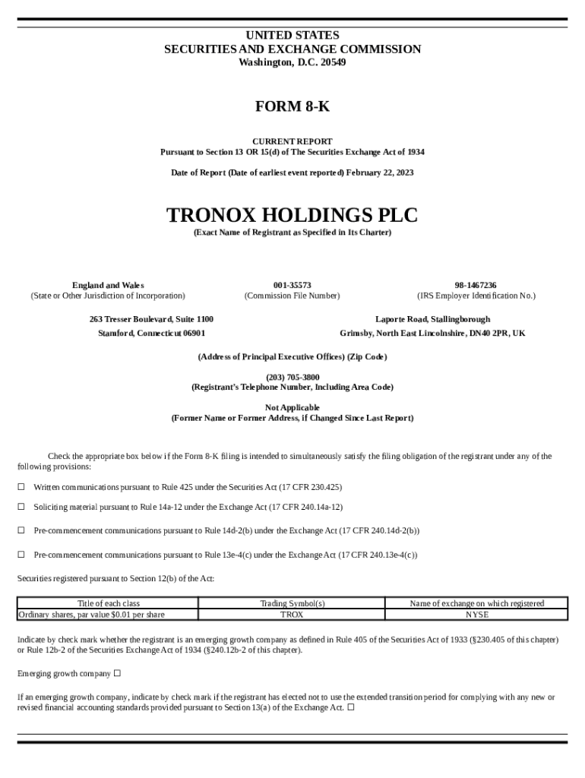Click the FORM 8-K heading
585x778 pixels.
(292, 106)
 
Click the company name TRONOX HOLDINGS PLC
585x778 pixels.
(292, 215)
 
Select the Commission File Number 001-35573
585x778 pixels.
(292, 285)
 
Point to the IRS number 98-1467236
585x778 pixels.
(476, 285)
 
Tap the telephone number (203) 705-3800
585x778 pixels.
(292, 377)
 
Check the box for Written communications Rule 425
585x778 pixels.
(21, 486)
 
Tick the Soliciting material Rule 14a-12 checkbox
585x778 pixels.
(21, 506)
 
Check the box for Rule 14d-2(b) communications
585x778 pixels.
(21, 530)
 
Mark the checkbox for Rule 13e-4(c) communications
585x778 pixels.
(21, 555)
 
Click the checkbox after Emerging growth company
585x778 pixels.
(118, 673)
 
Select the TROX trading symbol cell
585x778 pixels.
(292, 614)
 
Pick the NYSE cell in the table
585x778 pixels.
(476, 614)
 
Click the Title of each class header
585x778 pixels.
(108, 603)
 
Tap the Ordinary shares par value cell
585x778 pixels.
(91, 614)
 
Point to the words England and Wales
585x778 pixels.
(108, 285)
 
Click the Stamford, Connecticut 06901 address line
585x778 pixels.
(151, 333)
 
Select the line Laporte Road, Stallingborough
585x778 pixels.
(432, 319)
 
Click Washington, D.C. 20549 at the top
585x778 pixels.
(292, 62)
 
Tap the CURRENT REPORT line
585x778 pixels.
(292, 141)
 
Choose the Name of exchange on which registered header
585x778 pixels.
(476, 603)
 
